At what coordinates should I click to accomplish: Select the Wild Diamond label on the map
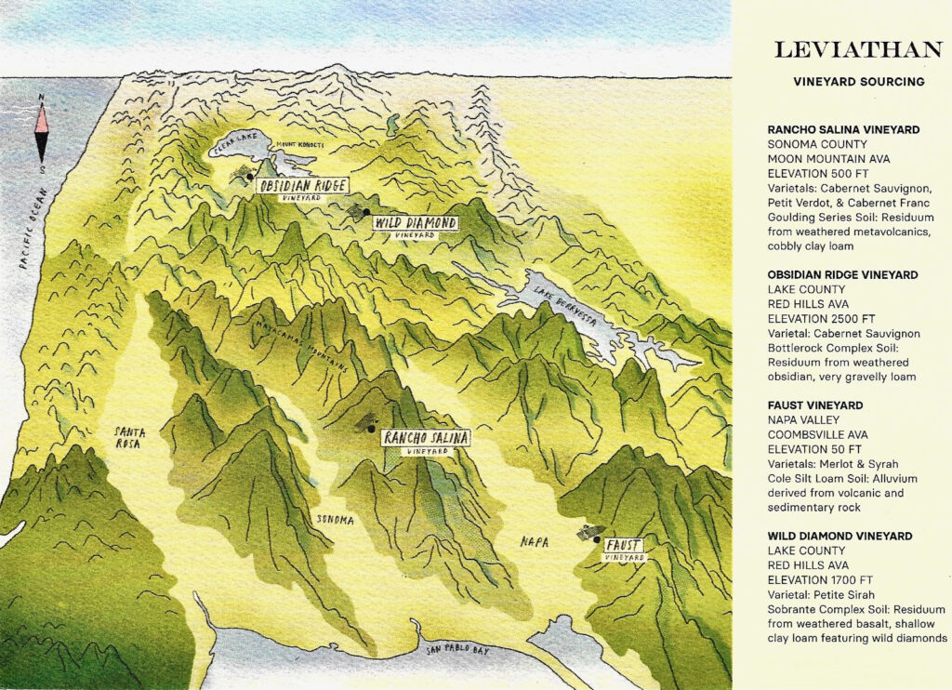pyautogui.click(x=415, y=223)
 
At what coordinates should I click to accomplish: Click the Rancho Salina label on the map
pyautogui.click(x=427, y=437)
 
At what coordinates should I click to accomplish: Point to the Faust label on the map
pyautogui.click(x=624, y=545)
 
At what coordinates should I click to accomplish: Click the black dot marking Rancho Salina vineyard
pyautogui.click(x=370, y=430)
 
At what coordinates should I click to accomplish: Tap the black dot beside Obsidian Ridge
pyautogui.click(x=250, y=176)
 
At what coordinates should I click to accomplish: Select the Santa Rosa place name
pyautogui.click(x=129, y=437)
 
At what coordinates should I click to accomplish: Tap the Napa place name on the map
pyautogui.click(x=534, y=541)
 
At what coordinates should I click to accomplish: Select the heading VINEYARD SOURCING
pyautogui.click(x=858, y=82)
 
